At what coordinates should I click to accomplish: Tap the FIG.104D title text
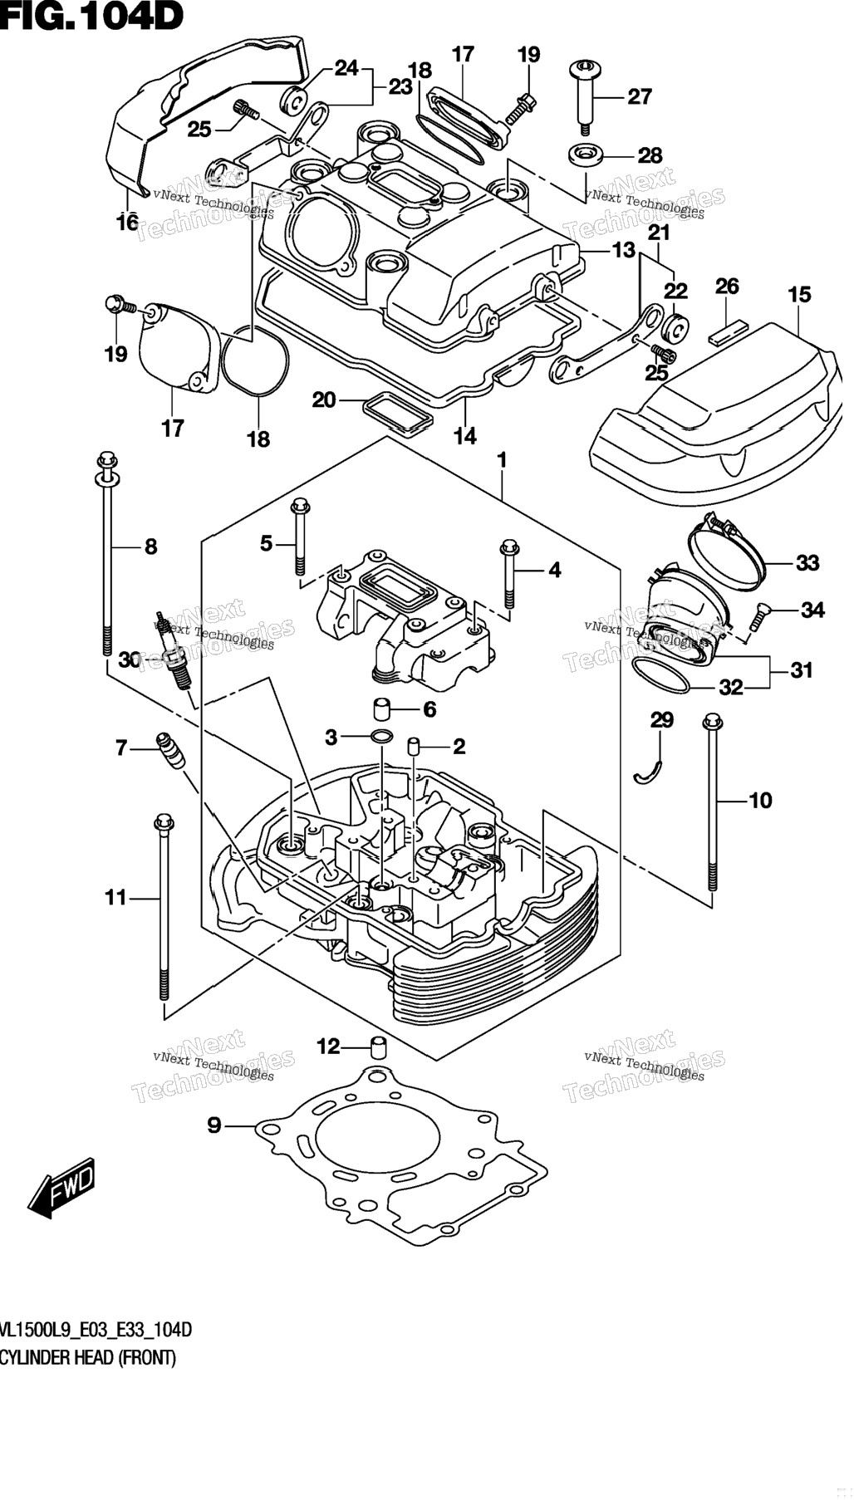pyautogui.click(x=91, y=16)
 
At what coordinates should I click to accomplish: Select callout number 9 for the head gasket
pyautogui.click(x=214, y=1125)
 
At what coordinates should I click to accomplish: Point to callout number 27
pyautogui.click(x=640, y=96)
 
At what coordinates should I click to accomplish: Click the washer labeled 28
pyautogui.click(x=587, y=154)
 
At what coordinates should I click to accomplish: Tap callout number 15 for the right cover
pyautogui.click(x=799, y=295)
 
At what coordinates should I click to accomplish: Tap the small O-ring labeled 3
pyautogui.click(x=382, y=736)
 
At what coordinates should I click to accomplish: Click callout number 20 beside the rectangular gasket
pyautogui.click(x=324, y=400)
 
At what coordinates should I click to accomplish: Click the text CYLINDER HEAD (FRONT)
pyautogui.click(x=88, y=1358)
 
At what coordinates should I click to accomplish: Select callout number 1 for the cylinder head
pyautogui.click(x=502, y=459)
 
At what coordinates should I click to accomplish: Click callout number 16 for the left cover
pyautogui.click(x=127, y=223)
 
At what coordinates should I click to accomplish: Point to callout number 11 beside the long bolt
pyautogui.click(x=115, y=897)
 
